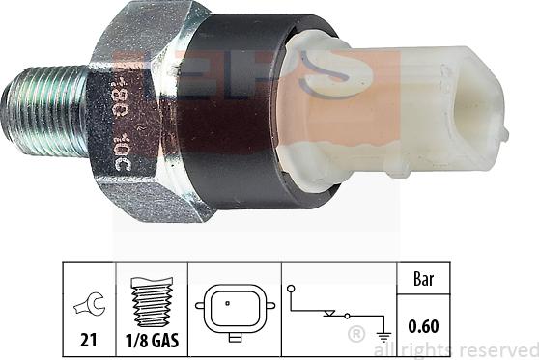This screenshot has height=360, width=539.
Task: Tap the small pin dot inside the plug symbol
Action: [227, 304]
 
